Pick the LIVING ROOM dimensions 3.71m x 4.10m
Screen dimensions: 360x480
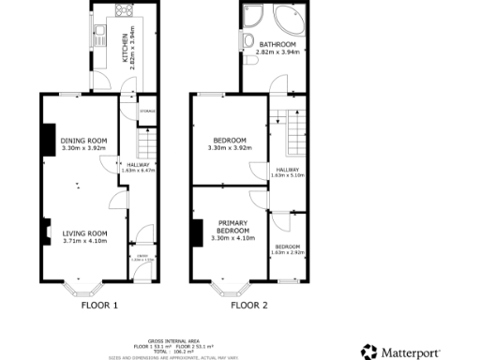point(84,241)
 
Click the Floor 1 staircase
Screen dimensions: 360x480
point(145,143)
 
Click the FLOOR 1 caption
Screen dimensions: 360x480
point(100,305)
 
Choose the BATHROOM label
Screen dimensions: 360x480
point(277,45)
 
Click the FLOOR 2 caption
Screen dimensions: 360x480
point(249,305)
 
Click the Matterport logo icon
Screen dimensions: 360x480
point(370,352)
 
